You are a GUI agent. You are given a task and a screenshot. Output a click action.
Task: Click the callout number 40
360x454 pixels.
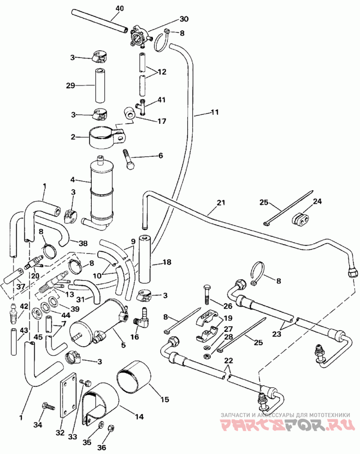[119, 9]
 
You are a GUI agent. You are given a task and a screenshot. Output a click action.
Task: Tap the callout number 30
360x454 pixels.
[184, 19]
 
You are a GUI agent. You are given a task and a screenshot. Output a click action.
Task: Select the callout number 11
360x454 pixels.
[215, 112]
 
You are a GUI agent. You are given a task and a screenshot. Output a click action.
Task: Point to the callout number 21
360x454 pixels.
[220, 203]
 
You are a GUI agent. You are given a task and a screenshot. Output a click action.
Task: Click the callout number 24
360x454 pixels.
[317, 201]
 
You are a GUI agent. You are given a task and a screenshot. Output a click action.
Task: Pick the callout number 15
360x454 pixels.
[165, 400]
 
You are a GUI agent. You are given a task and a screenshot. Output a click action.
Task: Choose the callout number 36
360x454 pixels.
[102, 447]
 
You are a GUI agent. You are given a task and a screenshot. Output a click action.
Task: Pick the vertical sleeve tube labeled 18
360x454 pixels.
[145, 259]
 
